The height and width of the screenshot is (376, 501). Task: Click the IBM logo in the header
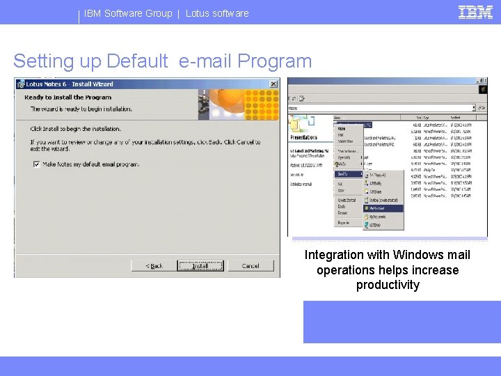click(x=476, y=12)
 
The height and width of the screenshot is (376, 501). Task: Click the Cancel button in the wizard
click(x=250, y=265)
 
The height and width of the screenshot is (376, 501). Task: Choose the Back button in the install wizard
click(x=154, y=265)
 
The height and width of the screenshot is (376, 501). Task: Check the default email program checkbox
click(x=36, y=164)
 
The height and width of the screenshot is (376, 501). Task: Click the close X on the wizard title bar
click(x=273, y=84)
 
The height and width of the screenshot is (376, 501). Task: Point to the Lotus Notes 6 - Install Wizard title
click(x=70, y=84)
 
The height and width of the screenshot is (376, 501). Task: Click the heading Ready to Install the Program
click(x=67, y=97)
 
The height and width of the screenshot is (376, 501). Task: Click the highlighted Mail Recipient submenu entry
click(x=383, y=207)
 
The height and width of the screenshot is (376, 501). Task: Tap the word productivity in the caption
click(x=388, y=285)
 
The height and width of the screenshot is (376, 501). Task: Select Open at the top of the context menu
click(x=342, y=128)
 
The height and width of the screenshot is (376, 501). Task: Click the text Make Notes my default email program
click(x=90, y=164)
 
